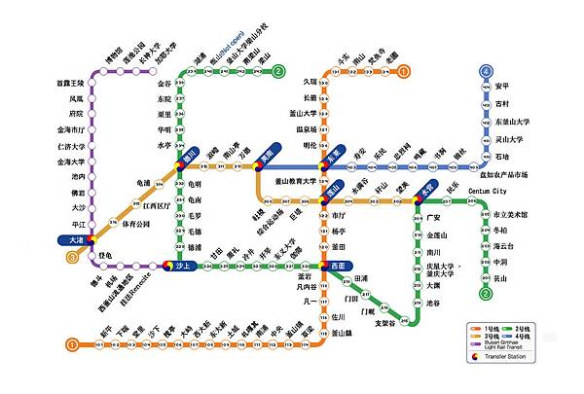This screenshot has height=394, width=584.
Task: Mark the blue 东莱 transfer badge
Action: tap(335, 154)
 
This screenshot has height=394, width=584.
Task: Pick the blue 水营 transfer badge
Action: tap(426, 191)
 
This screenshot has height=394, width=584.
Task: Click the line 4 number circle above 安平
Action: tap(485, 71)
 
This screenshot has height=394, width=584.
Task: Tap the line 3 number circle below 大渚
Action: tap(71, 257)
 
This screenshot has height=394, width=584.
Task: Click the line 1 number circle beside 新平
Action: tap(72, 343)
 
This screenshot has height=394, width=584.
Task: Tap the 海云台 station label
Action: tap(502, 246)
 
